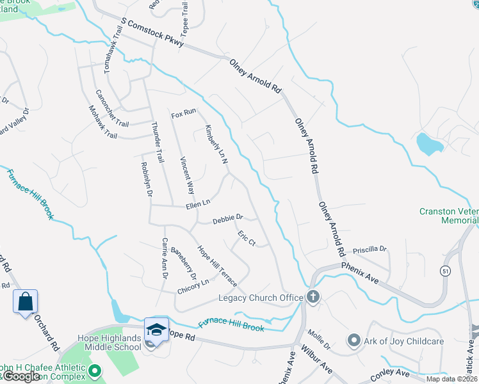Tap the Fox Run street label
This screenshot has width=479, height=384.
point(184,113)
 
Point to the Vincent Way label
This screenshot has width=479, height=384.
point(186,175)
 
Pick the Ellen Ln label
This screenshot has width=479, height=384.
point(198,204)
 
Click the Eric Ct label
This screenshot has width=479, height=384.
point(247,239)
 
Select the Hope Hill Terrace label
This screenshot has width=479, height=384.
point(216,266)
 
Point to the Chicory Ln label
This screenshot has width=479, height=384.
point(193,285)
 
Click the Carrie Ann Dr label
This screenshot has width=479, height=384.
point(165,259)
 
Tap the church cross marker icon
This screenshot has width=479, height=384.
point(313,296)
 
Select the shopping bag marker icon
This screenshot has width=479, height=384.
point(25,301)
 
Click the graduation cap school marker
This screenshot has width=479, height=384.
point(156,329)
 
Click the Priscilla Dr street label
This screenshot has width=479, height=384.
point(374,248)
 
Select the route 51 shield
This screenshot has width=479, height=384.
point(444,271)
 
